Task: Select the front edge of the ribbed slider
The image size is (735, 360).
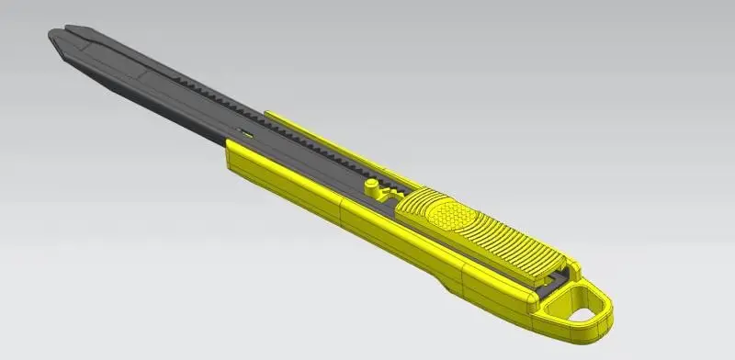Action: [x=404, y=208]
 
